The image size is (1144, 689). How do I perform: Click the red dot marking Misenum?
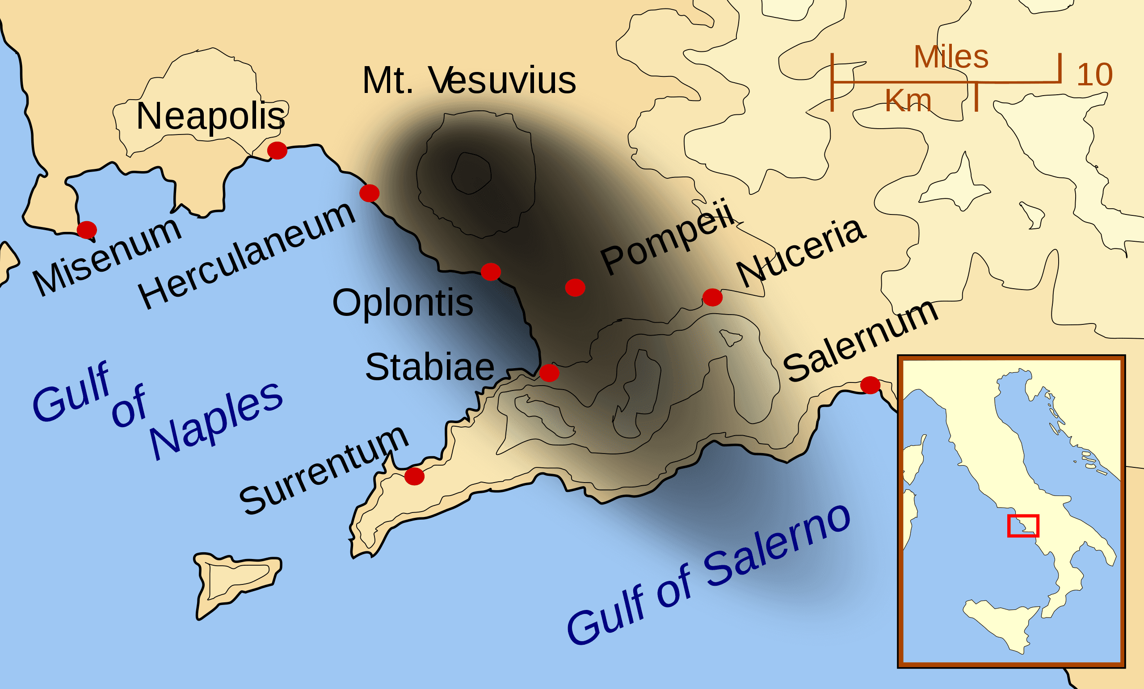point(87,230)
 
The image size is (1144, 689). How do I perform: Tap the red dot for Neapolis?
point(277,151)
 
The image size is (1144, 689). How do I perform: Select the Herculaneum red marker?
point(369,193)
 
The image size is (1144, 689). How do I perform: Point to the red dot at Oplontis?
point(491,272)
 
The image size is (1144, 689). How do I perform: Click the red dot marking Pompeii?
point(575,288)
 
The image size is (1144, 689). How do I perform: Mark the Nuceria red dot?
point(712,297)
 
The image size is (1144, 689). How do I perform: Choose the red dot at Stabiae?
point(549,373)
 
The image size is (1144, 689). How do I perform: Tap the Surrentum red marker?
point(414,476)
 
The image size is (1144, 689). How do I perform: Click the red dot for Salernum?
point(870,385)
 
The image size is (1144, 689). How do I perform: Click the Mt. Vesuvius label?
point(469,80)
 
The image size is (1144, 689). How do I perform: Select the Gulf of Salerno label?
point(708,576)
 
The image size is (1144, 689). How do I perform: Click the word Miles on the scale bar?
point(951,57)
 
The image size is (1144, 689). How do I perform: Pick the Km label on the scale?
point(908,100)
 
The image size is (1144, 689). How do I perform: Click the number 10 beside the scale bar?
point(1095,74)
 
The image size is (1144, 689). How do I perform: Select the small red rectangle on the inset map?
point(1023,526)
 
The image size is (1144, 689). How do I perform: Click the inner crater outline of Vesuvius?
point(471,173)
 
